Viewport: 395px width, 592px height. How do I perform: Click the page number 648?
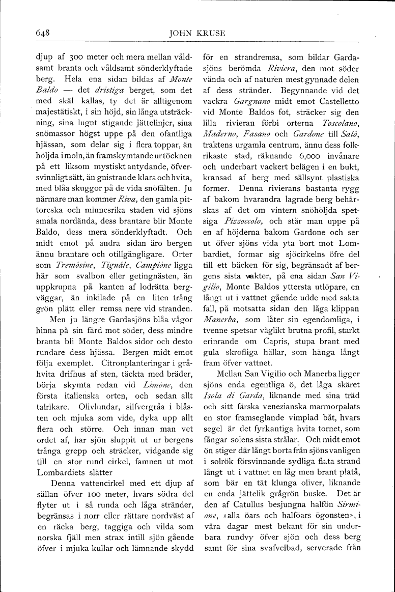pos(42,34)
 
